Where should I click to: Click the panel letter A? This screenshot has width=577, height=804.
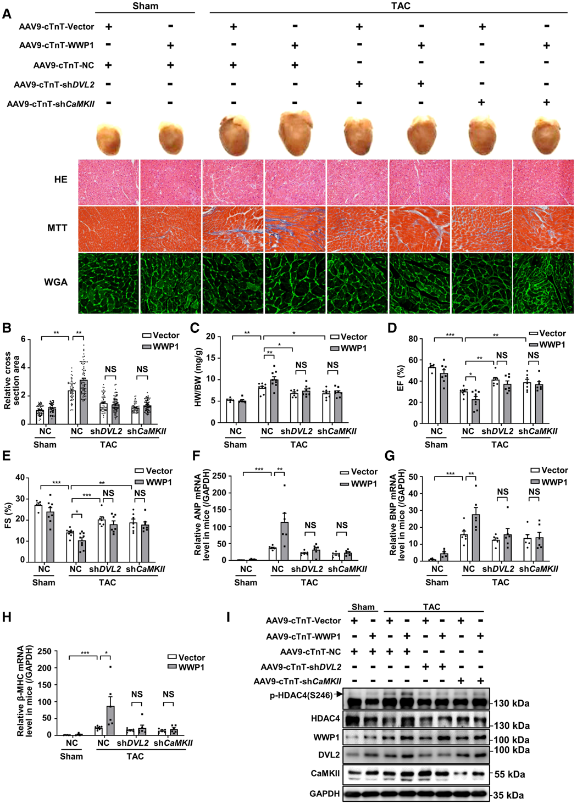pos(7,12)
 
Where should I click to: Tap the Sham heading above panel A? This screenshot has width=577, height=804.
pos(145,6)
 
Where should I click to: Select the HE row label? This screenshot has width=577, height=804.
pos(60,180)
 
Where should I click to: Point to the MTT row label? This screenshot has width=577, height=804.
pos(57,228)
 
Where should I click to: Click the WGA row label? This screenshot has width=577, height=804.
pos(56,282)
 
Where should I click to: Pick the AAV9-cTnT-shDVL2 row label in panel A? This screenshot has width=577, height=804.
pos(54,85)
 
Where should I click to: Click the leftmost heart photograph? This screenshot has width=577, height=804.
pos(108,139)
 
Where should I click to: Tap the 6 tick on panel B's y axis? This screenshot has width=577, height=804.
pos(23,339)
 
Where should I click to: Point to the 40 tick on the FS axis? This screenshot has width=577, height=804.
pos(20,478)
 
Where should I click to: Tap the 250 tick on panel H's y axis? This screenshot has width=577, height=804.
pos(46,652)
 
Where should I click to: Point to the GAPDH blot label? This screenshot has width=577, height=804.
pos(324,793)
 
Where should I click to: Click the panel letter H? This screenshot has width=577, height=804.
pos(7,617)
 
